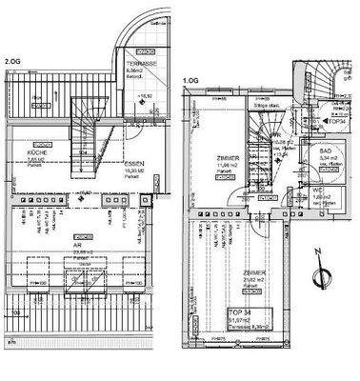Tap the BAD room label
click(x=327, y=152)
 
